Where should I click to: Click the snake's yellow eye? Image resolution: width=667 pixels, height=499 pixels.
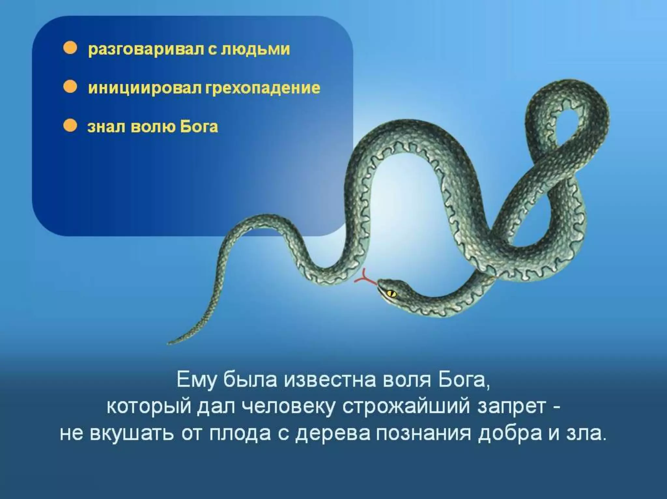coord(391,293)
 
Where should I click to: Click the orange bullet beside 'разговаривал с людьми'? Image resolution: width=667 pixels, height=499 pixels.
coord(70,49)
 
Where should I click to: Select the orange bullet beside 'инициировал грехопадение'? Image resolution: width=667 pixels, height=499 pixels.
coord(70,87)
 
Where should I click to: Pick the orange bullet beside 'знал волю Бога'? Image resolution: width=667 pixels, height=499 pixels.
coord(70,126)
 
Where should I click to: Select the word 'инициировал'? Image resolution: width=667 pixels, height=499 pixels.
coord(145,88)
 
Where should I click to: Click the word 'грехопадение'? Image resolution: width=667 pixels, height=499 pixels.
coord(263,88)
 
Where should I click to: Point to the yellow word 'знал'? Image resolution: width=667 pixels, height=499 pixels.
coord(106,127)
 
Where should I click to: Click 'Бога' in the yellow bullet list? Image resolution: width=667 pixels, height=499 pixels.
coord(199,126)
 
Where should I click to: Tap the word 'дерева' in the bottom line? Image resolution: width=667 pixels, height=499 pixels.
coord(333,434)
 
